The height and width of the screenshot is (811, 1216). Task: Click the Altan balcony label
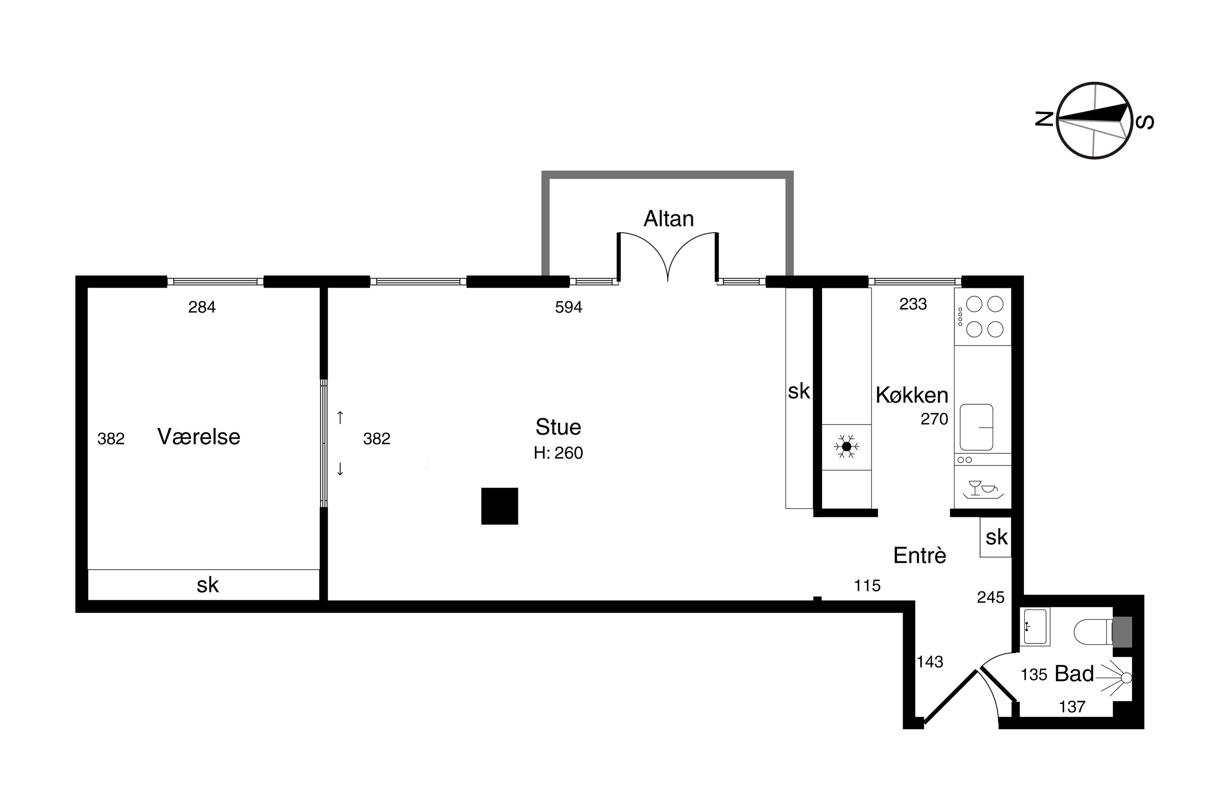(668, 219)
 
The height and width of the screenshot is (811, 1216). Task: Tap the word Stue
(559, 427)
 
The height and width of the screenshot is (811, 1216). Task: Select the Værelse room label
(199, 437)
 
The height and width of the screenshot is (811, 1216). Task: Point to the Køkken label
(912, 395)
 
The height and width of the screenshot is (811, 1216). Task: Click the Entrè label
(920, 556)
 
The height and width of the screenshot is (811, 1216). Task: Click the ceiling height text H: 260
(559, 453)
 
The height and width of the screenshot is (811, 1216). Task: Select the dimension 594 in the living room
(569, 307)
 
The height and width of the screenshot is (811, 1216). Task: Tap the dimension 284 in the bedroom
(201, 307)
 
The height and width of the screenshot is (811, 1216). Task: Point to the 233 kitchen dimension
(913, 304)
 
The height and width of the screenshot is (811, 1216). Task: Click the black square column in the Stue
(499, 506)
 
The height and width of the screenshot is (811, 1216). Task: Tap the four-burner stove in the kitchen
(983, 317)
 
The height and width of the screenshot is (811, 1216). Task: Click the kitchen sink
(976, 427)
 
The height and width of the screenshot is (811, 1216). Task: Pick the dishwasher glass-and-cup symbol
(983, 488)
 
